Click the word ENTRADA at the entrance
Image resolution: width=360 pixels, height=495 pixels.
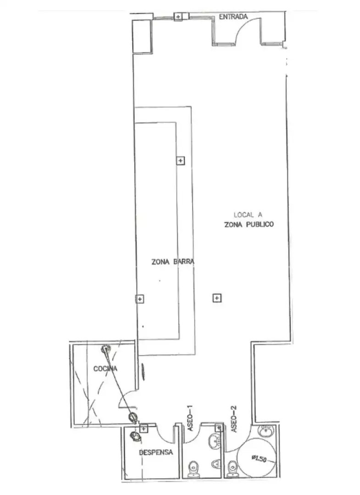233,17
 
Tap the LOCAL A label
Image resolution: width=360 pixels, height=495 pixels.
248,215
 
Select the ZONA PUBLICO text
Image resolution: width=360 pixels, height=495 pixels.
249,225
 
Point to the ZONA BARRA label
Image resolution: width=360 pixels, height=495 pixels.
173,262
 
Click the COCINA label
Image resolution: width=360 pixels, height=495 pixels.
105,368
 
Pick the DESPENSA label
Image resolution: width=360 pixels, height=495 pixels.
156,452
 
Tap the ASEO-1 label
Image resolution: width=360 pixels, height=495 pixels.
190,418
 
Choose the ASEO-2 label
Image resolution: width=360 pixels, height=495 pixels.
234,419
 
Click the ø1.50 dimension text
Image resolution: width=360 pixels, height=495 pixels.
259,458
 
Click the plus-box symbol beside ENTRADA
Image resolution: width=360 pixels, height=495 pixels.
178,16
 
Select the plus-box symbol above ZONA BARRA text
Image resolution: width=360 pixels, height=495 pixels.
180,161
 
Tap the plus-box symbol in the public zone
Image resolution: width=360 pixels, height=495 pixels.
216,298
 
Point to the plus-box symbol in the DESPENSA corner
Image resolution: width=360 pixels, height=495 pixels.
144,429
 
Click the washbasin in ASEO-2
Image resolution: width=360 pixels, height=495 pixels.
265,430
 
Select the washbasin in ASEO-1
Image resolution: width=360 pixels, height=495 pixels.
216,441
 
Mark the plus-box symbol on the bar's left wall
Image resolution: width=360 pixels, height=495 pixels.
139,299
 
